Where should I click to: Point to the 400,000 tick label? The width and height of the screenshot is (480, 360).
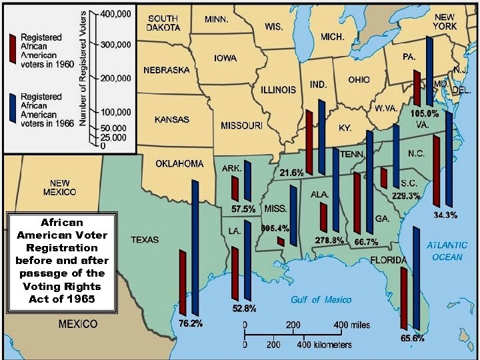(114, 13)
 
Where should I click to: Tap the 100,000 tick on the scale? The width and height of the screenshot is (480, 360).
(114, 111)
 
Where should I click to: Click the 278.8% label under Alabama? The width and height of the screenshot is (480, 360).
(329, 240)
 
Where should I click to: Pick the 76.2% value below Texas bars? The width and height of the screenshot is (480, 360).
(190, 323)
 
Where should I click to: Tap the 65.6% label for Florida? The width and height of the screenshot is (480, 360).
(411, 339)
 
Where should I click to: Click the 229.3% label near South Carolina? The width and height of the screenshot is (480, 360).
(406, 196)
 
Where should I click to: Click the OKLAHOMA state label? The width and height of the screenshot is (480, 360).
(179, 163)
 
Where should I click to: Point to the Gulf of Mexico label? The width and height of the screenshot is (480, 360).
(321, 300)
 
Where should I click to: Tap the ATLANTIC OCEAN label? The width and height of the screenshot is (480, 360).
(447, 251)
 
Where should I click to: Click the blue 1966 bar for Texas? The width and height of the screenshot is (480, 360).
(195, 247)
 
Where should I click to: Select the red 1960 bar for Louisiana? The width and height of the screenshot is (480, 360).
(235, 272)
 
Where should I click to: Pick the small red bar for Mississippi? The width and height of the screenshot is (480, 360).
(281, 241)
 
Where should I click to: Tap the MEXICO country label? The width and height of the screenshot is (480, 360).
(78, 324)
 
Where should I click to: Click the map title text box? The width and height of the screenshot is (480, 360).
(61, 261)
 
